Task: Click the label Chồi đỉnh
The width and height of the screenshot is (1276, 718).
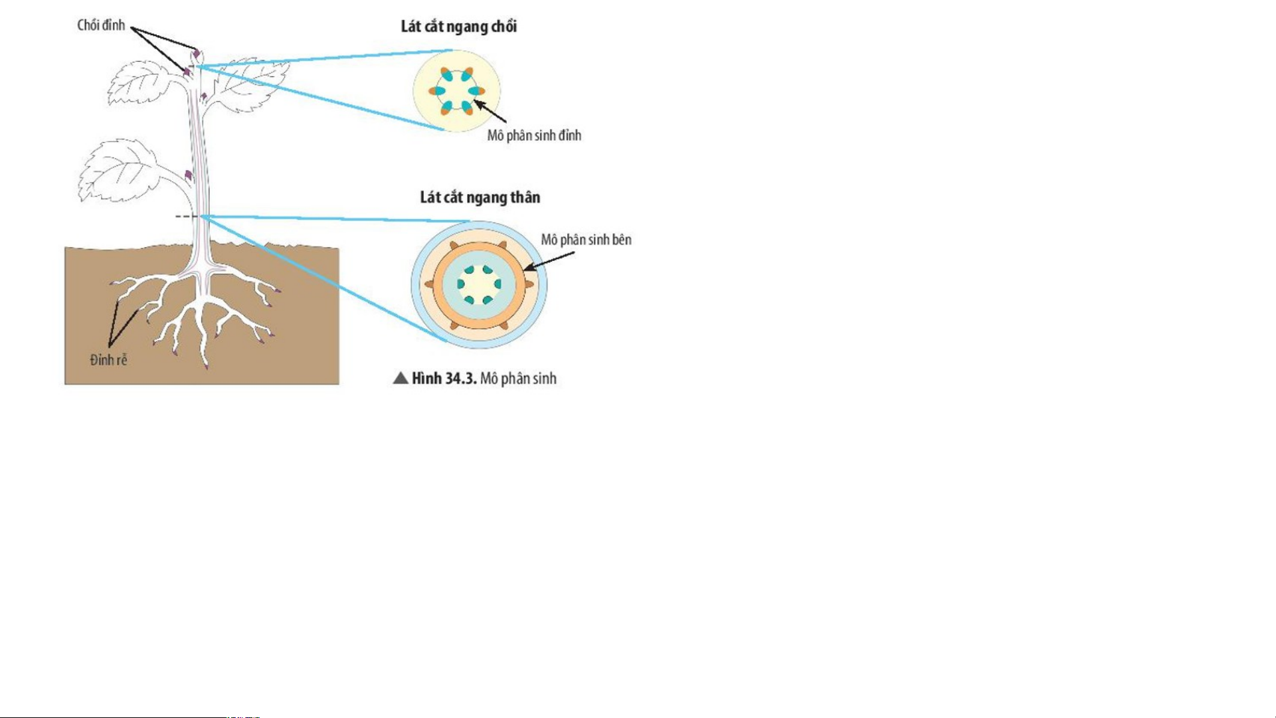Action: [x=101, y=26]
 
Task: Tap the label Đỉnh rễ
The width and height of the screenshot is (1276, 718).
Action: [x=108, y=360]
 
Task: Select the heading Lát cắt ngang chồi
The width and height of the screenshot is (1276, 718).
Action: [x=458, y=27]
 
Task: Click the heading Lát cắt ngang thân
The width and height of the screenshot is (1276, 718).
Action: [x=480, y=197]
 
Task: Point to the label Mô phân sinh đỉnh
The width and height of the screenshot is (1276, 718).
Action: [x=534, y=135]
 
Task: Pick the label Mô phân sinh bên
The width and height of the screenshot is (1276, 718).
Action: [x=586, y=240]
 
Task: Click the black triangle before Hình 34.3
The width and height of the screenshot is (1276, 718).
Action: [x=401, y=379]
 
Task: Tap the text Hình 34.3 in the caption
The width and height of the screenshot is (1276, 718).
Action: [x=444, y=379]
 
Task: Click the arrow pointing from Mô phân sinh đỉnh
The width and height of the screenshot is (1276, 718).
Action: [x=490, y=112]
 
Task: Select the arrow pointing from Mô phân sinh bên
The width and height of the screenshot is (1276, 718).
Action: [x=549, y=261]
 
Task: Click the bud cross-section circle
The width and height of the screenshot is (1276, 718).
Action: [x=456, y=90]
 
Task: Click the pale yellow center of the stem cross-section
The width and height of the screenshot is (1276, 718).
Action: [x=478, y=284]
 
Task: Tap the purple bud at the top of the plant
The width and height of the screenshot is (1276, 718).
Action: [x=197, y=53]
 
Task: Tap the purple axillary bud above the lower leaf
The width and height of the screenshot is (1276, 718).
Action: [x=189, y=175]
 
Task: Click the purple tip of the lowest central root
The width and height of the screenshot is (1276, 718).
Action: [x=206, y=366]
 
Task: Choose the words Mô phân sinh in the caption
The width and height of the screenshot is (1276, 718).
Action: [x=518, y=379]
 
